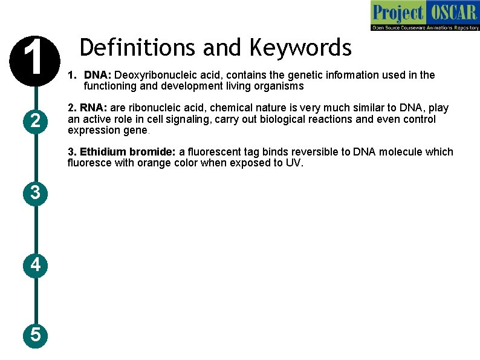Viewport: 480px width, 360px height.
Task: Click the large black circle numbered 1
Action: [x=36, y=60]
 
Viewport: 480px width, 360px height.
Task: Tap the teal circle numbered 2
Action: [x=36, y=122]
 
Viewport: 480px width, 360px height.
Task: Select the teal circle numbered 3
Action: [x=36, y=193]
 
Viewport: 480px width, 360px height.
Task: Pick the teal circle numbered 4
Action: [x=36, y=264]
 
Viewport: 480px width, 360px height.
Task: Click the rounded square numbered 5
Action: [x=36, y=334]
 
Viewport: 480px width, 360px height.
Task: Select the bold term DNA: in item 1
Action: [x=97, y=75]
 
